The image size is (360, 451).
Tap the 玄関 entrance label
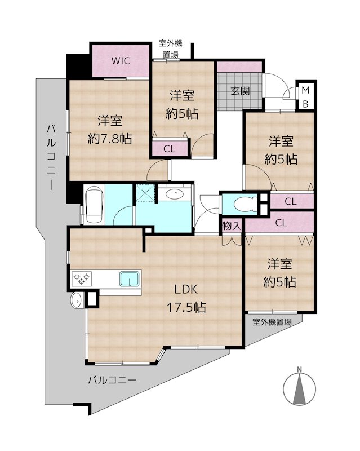[x=240, y=91]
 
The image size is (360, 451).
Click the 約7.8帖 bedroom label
[x=110, y=130]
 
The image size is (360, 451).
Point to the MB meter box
[x=305, y=96]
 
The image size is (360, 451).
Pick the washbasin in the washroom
[x=175, y=195]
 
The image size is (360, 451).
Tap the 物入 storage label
[x=232, y=225]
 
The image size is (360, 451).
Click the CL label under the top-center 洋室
[x=169, y=149]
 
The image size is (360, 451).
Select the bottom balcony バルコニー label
[x=112, y=381]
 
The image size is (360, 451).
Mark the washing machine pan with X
[x=145, y=195]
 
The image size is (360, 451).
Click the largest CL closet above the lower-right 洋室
[x=280, y=223]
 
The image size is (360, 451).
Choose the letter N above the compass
[x=300, y=370]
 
